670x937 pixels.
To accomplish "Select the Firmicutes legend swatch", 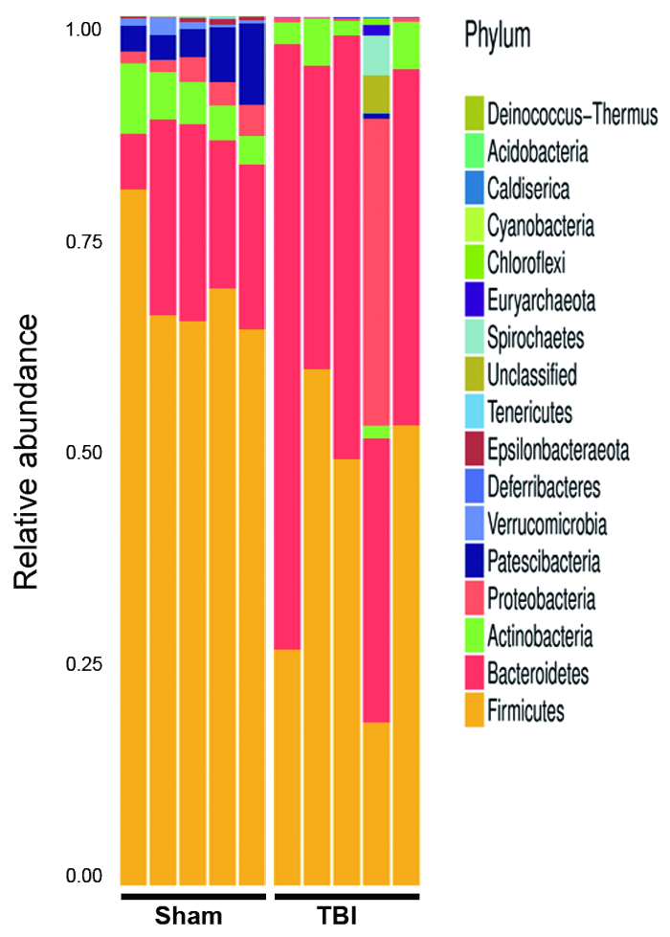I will tap(473, 711).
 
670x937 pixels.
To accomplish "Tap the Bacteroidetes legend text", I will tap(537, 674).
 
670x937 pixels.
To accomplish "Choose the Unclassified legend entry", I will tap(531, 375).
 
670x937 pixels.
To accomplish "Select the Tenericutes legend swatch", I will tap(473, 413).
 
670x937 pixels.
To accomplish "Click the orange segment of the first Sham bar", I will tap(133, 536).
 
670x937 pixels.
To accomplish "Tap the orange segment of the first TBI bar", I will tap(288, 766).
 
